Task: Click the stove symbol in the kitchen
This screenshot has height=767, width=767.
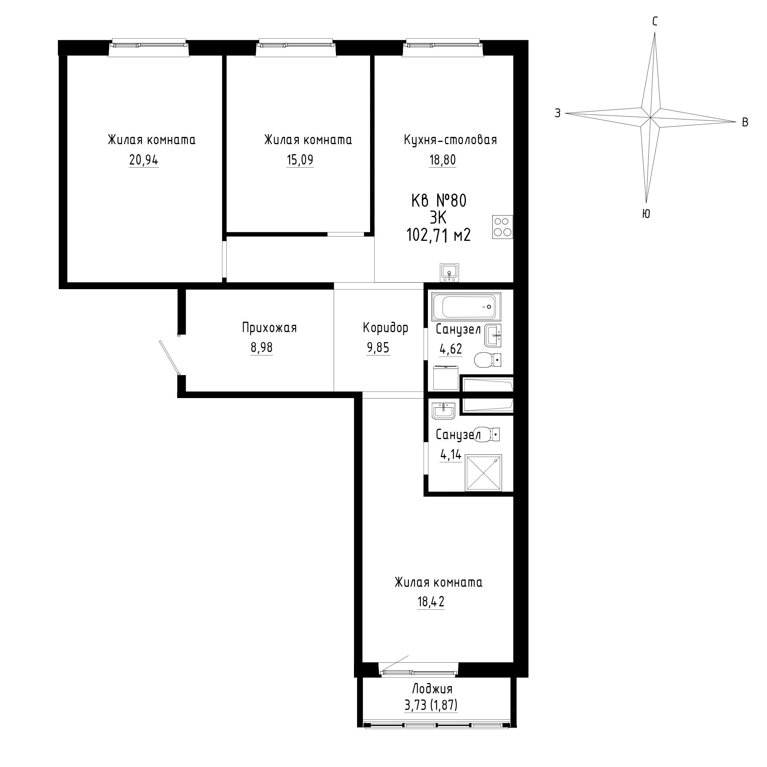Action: click(x=502, y=227)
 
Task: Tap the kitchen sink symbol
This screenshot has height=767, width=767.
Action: click(x=449, y=272)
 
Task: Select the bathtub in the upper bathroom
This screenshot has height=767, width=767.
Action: click(x=466, y=306)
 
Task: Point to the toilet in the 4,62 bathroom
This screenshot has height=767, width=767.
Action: click(x=487, y=360)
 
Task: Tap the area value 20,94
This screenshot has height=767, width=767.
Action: click(x=144, y=160)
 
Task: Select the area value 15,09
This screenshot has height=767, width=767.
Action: click(x=300, y=160)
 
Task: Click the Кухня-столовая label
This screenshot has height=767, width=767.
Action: click(x=450, y=140)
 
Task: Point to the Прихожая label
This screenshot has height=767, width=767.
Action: click(x=270, y=328)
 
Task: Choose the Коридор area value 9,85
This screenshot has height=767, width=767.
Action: click(x=379, y=348)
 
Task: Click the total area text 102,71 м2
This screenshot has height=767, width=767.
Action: click(x=438, y=235)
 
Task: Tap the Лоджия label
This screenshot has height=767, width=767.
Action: click(x=432, y=688)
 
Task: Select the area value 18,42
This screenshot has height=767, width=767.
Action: click(x=431, y=602)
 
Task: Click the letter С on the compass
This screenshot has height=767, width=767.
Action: click(x=655, y=21)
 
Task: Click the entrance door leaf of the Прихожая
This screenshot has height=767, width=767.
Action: click(x=169, y=357)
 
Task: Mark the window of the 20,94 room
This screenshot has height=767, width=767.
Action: click(x=149, y=46)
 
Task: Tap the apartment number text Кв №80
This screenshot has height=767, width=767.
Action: click(x=439, y=201)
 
